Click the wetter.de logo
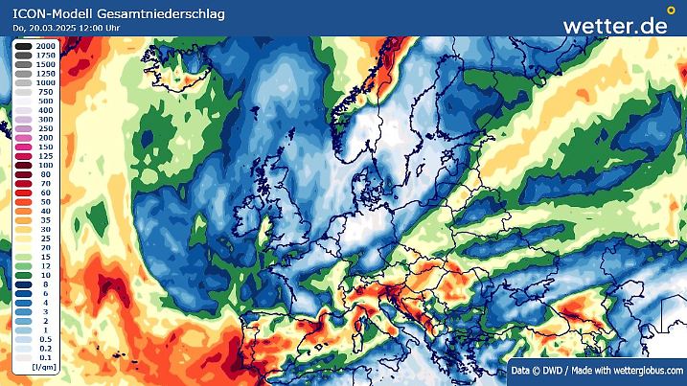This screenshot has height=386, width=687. click(614, 25)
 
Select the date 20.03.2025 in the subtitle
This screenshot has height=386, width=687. click(57, 29)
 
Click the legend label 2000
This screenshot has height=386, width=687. click(45, 46)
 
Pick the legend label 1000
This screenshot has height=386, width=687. click(45, 83)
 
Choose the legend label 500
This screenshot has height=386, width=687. click(45, 102)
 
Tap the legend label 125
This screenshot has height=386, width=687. click(45, 156)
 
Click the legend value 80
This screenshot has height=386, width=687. click(45, 174)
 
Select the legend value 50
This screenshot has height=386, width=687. click(45, 201)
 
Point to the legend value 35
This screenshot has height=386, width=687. click(45, 219)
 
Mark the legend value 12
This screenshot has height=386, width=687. click(45, 265)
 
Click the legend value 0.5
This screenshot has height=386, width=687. click(45, 338)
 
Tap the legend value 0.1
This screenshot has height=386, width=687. click(45, 356)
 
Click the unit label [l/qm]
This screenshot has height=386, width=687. click(42, 367)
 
